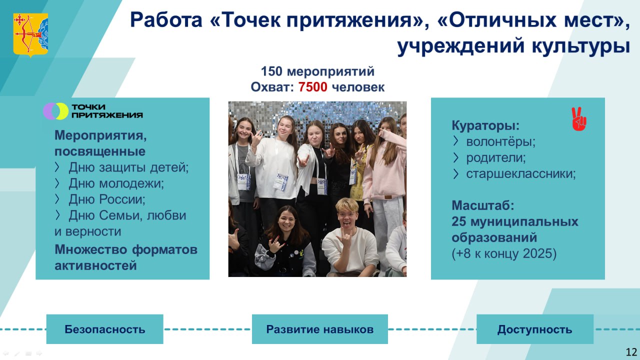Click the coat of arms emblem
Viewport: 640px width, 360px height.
(30, 35)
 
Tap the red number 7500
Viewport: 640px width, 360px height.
(313, 87)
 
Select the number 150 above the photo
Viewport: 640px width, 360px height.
(271, 71)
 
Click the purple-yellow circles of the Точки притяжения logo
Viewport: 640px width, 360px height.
(55, 111)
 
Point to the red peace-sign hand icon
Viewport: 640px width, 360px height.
(578, 119)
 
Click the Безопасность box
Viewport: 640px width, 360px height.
(105, 329)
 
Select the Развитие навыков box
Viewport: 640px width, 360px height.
(320, 329)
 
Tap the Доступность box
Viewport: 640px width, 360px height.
(535, 329)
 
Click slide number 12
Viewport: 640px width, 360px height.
(631, 352)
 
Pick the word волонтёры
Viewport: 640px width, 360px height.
(500, 141)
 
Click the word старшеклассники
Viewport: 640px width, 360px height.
(521, 173)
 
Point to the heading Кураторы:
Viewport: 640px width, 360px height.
(485, 125)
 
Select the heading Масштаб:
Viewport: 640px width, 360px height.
(483, 205)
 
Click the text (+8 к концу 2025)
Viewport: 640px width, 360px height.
(504, 253)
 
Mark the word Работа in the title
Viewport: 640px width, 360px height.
(166, 20)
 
